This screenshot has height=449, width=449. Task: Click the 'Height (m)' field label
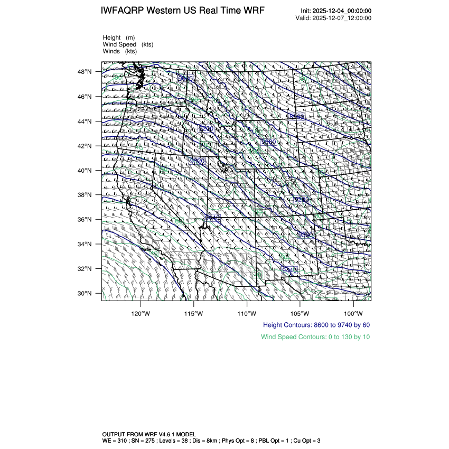[x=119, y=38]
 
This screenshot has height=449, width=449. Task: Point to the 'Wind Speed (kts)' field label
[x=128, y=44]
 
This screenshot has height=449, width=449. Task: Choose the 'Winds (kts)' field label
[x=120, y=51]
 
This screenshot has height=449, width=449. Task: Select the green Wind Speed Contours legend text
[x=315, y=336]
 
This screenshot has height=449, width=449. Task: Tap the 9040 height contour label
[x=185, y=79]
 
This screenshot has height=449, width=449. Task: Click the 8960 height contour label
[x=297, y=116]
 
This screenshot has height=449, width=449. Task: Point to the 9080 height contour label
[x=269, y=142]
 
